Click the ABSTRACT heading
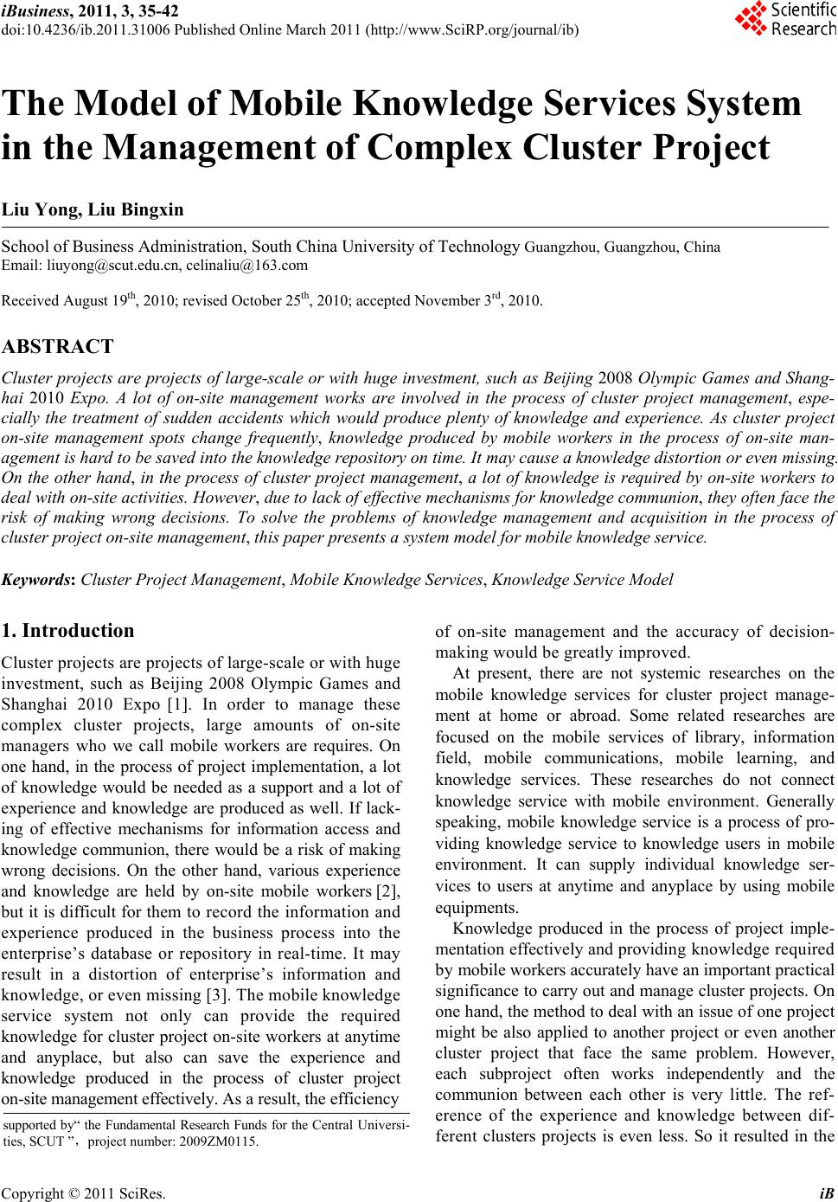click(x=58, y=347)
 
